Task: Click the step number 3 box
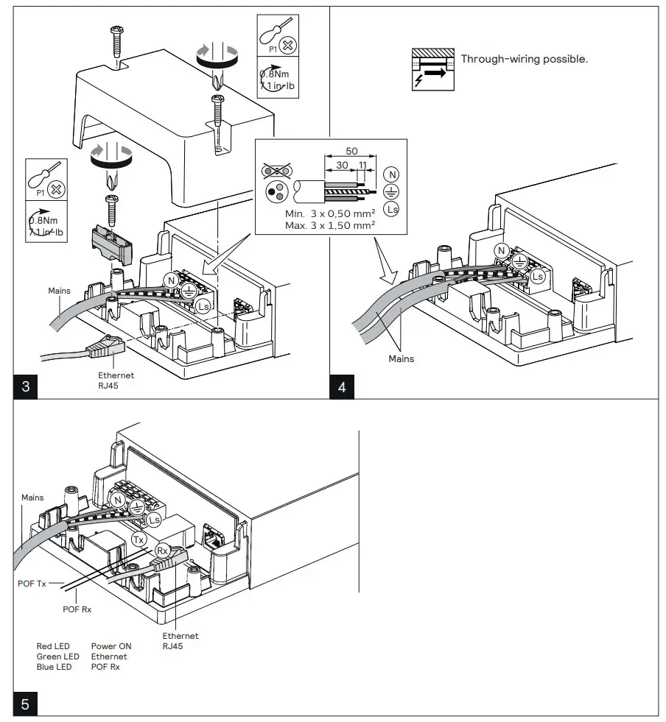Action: click(25, 387)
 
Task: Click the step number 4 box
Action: click(341, 387)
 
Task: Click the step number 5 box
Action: click(25, 704)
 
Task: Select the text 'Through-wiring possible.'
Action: click(524, 59)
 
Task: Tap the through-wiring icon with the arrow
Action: click(432, 71)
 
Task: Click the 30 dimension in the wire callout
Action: click(343, 166)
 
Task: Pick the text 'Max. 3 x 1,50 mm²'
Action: click(329, 224)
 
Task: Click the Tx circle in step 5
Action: click(139, 539)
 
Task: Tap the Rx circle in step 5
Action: click(163, 550)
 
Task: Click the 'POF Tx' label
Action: click(32, 584)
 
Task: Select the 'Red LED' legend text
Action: click(53, 646)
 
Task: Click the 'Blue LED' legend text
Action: click(54, 667)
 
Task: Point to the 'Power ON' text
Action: click(111, 646)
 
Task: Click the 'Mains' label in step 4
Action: click(402, 359)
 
